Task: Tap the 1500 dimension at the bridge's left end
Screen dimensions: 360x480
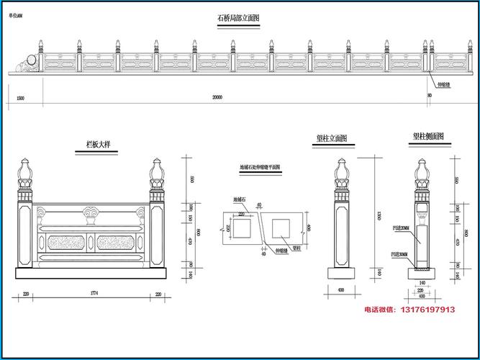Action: pyautogui.click(x=20, y=96)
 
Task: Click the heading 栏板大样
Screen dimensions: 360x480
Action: pyautogui.click(x=94, y=145)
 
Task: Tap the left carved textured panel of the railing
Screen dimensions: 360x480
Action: pyautogui.click(x=63, y=239)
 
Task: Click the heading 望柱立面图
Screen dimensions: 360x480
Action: pyautogui.click(x=332, y=138)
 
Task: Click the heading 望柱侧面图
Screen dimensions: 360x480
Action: pyautogui.click(x=427, y=136)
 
